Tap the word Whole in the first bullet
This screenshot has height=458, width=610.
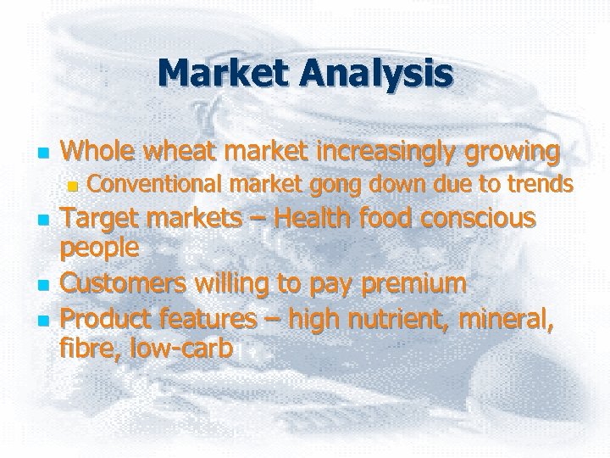[x=98, y=153]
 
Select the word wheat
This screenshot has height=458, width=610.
[x=177, y=153]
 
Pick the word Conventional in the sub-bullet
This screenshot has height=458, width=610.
[x=155, y=183]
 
